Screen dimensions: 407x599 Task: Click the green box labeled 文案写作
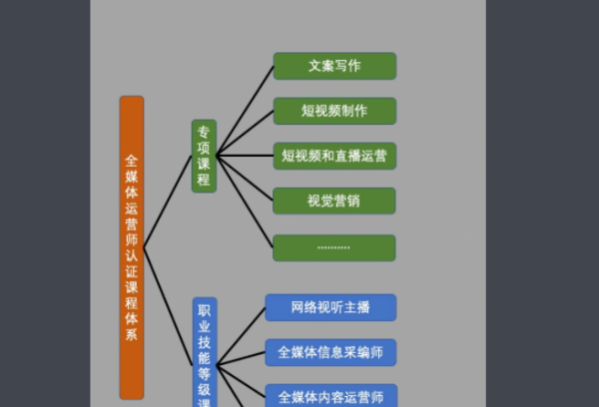point(334,67)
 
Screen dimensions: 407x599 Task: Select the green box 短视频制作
point(334,111)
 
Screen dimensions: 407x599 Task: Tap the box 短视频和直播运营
point(334,156)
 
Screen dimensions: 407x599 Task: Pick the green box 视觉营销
point(334,201)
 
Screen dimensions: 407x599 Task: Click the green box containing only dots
point(334,247)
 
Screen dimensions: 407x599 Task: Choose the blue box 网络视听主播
point(330,307)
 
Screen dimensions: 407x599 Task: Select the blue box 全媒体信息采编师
point(330,352)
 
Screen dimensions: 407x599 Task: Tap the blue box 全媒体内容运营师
point(330,395)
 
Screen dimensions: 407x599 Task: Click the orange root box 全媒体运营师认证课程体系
point(132,247)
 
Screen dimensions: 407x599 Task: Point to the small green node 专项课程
point(204,156)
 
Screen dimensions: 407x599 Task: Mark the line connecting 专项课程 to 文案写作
point(246,110)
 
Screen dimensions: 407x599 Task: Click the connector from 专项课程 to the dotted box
point(246,202)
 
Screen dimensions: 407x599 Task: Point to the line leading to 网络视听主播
point(241,335)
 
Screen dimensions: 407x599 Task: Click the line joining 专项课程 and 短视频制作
point(246,133)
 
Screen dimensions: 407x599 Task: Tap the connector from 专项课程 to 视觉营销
point(246,179)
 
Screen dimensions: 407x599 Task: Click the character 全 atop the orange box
point(132,160)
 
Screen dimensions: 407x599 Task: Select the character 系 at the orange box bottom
point(132,335)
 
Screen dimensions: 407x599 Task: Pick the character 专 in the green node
point(204,132)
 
